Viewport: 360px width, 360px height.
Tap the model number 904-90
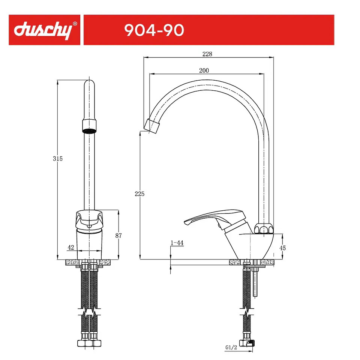tap(154, 30)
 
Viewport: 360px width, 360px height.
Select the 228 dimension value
tap(207, 54)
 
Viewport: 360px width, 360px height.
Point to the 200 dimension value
tap(204, 70)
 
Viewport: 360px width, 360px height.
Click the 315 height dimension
tap(58, 159)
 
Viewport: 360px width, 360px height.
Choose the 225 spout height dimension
tap(139, 194)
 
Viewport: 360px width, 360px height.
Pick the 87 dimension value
tap(118, 235)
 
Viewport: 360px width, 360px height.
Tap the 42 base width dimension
tap(71, 247)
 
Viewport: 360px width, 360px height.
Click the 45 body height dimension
tap(283, 248)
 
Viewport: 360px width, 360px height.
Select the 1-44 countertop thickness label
tap(177, 243)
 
